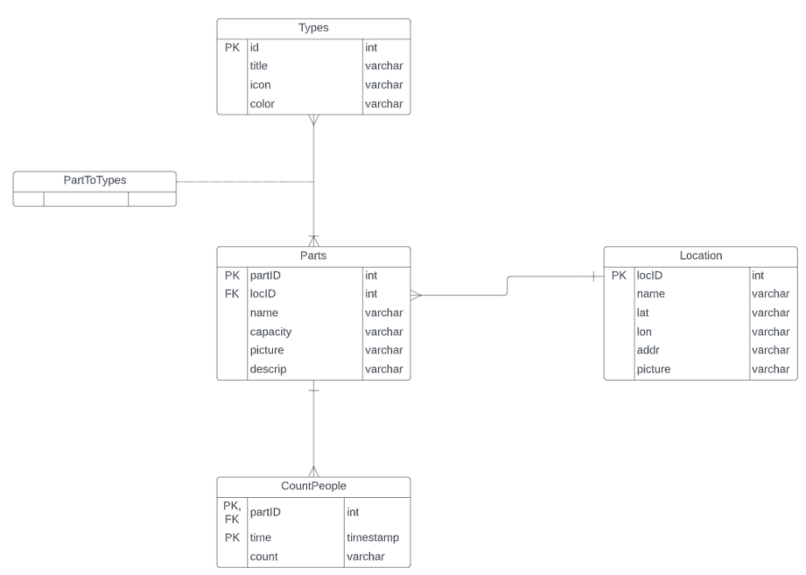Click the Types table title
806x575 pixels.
point(313,28)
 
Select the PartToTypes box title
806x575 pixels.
point(94,180)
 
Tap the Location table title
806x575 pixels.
point(699,256)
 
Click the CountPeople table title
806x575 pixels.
point(313,486)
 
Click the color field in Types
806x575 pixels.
point(262,103)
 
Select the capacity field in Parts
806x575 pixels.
point(270,331)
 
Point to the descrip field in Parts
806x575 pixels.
point(268,369)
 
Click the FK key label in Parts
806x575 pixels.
point(232,294)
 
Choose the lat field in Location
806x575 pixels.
point(643,313)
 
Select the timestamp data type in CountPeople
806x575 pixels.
point(373,539)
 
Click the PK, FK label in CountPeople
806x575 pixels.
point(232,512)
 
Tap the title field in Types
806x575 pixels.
point(259,65)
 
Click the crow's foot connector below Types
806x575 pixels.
point(313,121)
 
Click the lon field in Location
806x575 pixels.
point(643,331)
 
